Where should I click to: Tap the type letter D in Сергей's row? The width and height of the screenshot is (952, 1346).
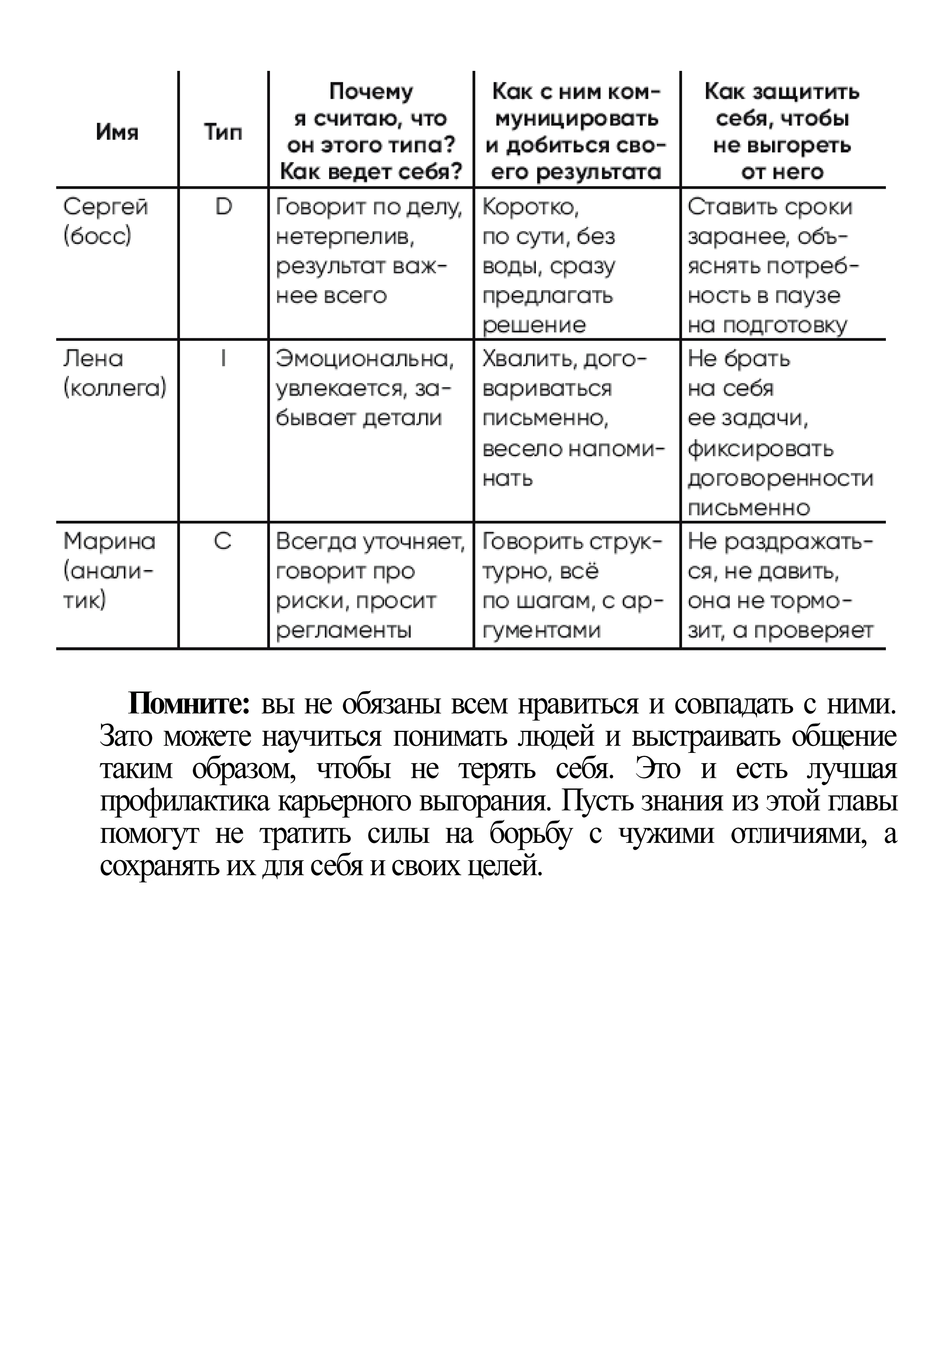tap(223, 207)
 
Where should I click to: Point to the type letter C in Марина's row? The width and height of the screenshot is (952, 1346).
tap(223, 541)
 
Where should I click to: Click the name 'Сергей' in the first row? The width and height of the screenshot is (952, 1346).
tap(105, 207)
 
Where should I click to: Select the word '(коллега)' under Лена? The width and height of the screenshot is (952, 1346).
tap(115, 389)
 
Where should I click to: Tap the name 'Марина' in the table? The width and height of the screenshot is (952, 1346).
tap(109, 541)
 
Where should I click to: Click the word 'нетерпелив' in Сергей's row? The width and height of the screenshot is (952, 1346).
tap(343, 237)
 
